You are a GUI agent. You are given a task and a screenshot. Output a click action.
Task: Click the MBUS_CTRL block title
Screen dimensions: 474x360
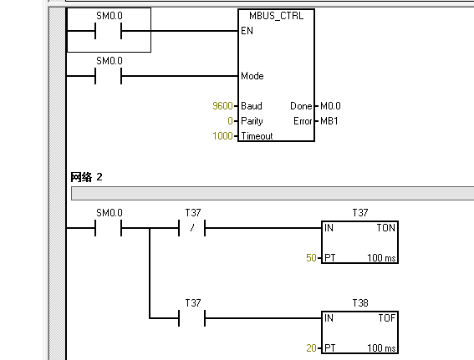point(276,16)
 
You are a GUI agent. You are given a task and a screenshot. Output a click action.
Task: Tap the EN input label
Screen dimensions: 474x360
point(247,31)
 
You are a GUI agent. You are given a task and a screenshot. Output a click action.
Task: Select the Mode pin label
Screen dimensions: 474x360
point(252,76)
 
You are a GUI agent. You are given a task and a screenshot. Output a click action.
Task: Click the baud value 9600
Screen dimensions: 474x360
point(222,106)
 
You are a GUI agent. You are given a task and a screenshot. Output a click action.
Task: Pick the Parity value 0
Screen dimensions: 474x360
point(230,121)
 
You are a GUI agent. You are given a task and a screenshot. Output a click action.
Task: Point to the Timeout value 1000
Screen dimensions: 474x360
point(222,136)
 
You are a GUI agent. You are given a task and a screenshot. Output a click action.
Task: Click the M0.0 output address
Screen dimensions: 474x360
point(330,106)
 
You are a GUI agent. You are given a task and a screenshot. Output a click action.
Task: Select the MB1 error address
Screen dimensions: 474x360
point(329,121)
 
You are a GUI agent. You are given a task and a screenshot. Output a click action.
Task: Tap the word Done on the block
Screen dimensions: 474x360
point(301,106)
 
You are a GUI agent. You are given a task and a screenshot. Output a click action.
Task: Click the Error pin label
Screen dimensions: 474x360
point(303,121)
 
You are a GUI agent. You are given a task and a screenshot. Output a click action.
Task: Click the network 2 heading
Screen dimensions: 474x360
point(86,177)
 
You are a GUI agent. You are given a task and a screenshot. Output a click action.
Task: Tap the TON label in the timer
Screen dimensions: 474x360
point(386,227)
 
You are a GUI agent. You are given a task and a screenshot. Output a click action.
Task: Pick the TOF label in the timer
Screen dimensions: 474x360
point(387,317)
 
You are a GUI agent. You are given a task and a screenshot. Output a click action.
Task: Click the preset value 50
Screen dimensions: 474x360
point(311,257)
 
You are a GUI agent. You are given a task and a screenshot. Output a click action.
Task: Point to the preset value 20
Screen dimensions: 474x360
point(311,348)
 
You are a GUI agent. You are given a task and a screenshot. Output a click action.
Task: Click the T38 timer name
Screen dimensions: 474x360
point(360,303)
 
